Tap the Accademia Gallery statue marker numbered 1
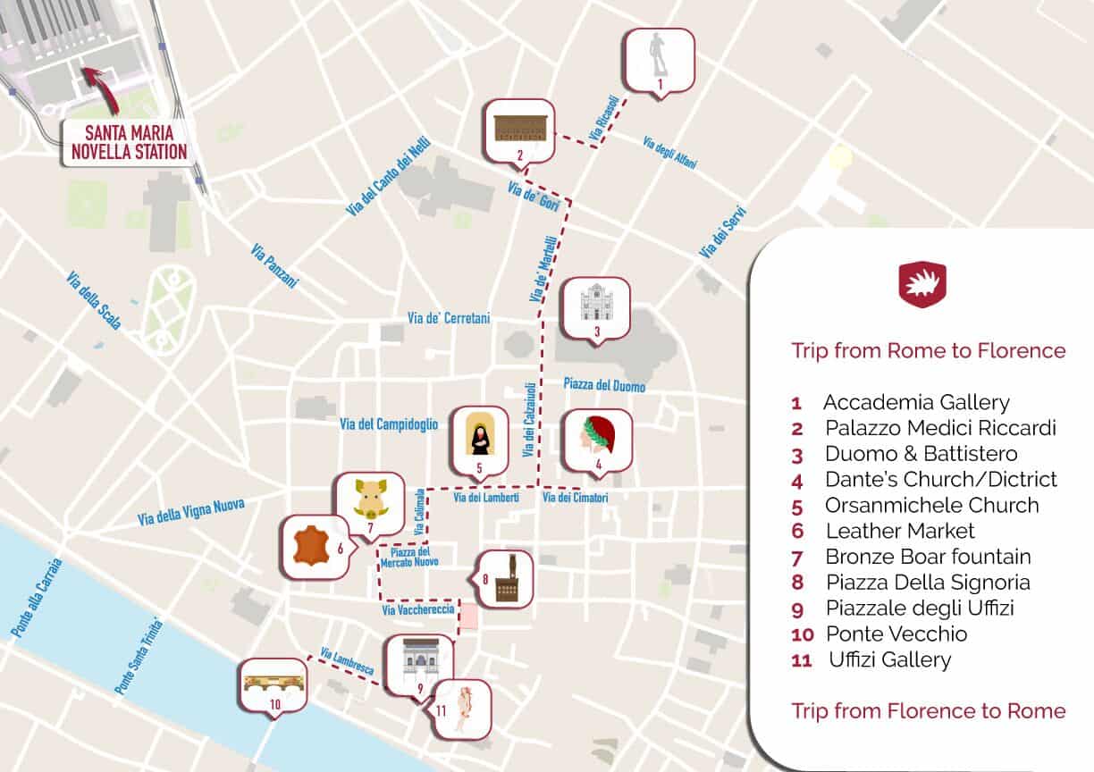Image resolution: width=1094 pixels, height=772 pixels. (x=659, y=59)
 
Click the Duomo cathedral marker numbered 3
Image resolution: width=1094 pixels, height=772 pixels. (x=595, y=307)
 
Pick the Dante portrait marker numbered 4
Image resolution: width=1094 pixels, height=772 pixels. (x=596, y=440)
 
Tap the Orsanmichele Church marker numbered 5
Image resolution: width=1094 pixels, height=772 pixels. (x=479, y=438)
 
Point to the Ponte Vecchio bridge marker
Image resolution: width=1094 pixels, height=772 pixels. (x=274, y=684)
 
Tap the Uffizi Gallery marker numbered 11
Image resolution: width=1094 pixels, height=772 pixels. (x=461, y=705)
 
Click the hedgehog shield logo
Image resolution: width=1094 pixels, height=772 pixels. (x=922, y=285)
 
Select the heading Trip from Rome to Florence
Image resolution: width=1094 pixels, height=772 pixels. (x=928, y=350)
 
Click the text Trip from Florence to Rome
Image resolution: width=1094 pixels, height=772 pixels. (x=928, y=710)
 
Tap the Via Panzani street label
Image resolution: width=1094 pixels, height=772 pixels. (x=274, y=265)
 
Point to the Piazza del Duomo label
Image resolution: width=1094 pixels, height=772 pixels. (x=604, y=385)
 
